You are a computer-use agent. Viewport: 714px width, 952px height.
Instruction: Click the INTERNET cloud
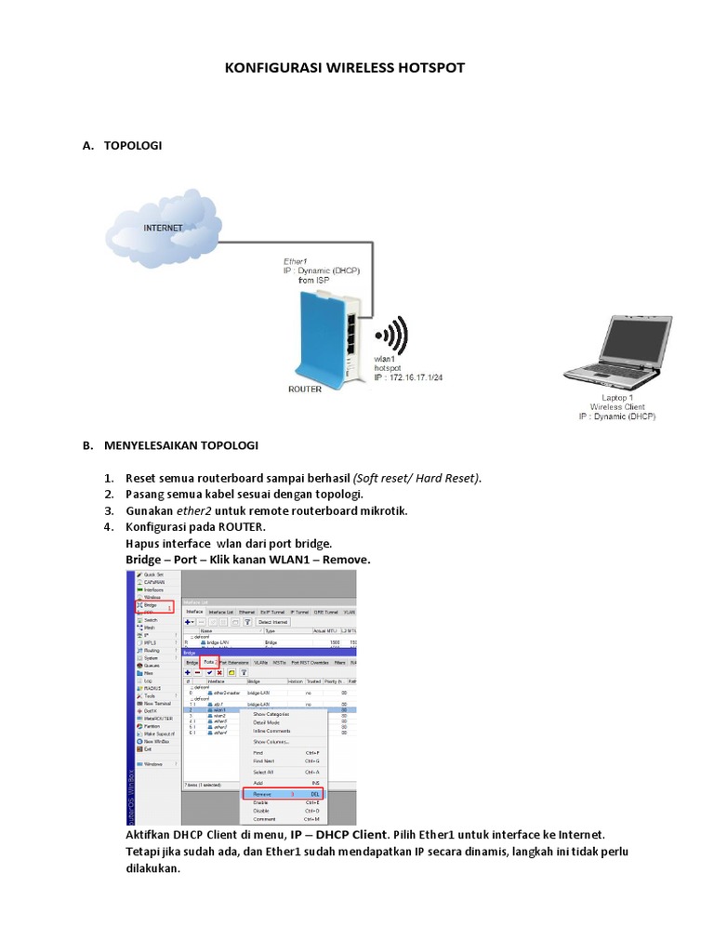pos(164,227)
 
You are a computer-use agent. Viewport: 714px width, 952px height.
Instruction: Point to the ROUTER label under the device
pos(306,390)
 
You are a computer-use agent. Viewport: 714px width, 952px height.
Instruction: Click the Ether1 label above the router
pos(296,261)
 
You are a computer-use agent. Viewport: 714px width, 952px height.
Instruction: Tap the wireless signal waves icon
pos(390,337)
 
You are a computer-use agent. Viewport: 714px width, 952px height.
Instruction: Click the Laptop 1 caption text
pos(616,397)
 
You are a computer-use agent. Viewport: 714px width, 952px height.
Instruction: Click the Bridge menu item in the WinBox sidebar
pos(152,606)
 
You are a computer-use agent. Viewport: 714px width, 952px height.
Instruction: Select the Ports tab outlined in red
pos(209,662)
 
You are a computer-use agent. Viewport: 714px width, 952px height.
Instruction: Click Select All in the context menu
pos(263,773)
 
